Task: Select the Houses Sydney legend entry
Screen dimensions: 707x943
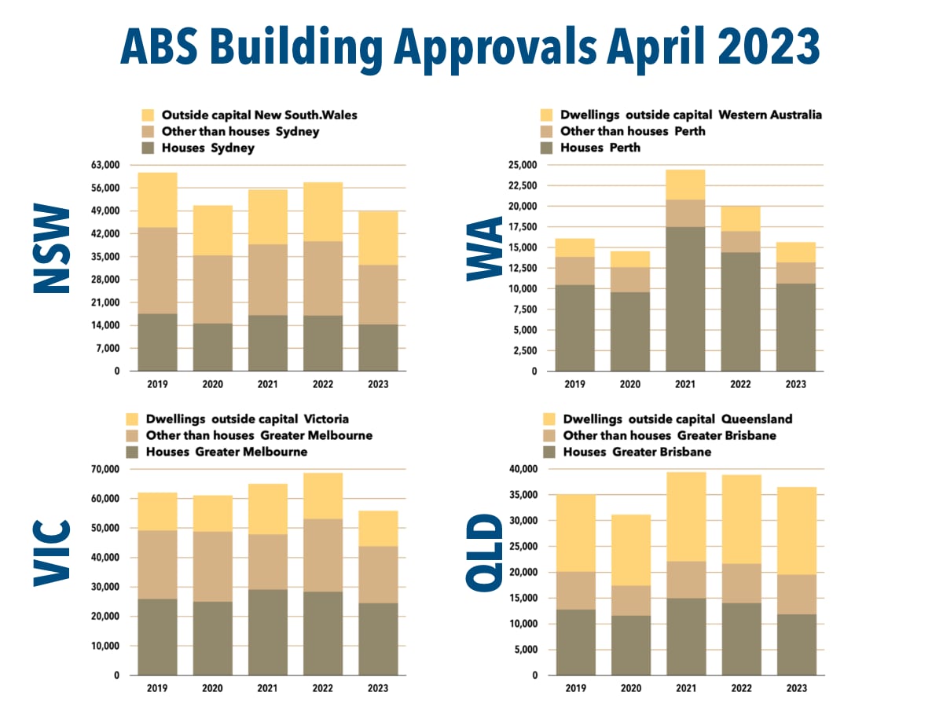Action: (x=207, y=148)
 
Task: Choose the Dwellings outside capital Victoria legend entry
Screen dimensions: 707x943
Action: (x=247, y=419)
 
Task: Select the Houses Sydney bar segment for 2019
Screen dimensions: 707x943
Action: (x=157, y=342)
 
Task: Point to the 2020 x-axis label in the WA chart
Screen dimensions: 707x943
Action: (x=630, y=385)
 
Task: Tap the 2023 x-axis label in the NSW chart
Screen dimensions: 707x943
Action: (x=378, y=385)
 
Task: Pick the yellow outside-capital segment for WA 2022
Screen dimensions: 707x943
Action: (x=740, y=218)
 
